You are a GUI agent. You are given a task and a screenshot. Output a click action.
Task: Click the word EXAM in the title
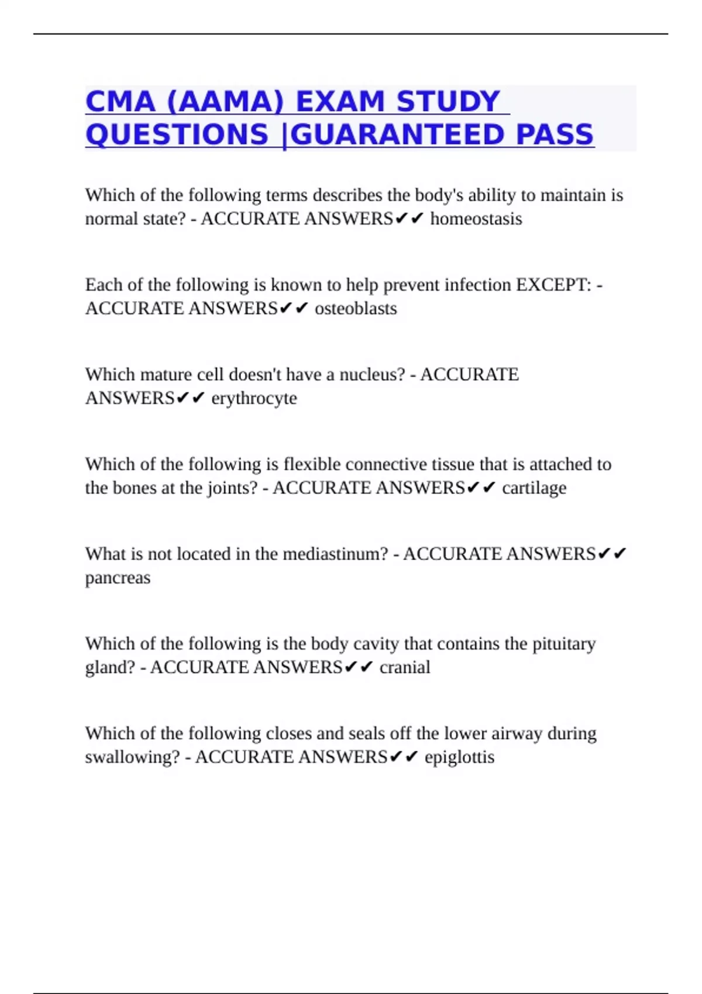pyautogui.click(x=340, y=102)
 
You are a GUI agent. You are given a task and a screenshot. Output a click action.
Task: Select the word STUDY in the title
pyautogui.click(x=448, y=102)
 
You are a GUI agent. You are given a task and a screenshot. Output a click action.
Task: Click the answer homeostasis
pyautogui.click(x=476, y=219)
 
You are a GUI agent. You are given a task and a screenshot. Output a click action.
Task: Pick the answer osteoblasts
pyautogui.click(x=356, y=308)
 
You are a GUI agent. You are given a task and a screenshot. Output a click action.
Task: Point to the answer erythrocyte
pyautogui.click(x=254, y=398)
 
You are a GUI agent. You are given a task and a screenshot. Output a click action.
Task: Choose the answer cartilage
pyautogui.click(x=534, y=488)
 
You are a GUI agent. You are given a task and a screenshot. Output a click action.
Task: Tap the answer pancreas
pyautogui.click(x=118, y=578)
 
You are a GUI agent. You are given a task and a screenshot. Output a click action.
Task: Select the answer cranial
pyautogui.click(x=405, y=667)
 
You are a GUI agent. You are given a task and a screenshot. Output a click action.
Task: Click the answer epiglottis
pyautogui.click(x=459, y=757)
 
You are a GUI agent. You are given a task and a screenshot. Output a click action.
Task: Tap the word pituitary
pyautogui.click(x=564, y=644)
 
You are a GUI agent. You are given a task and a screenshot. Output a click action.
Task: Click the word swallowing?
pyautogui.click(x=132, y=757)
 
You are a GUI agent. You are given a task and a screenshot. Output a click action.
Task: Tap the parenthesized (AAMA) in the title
pyautogui.click(x=225, y=102)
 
